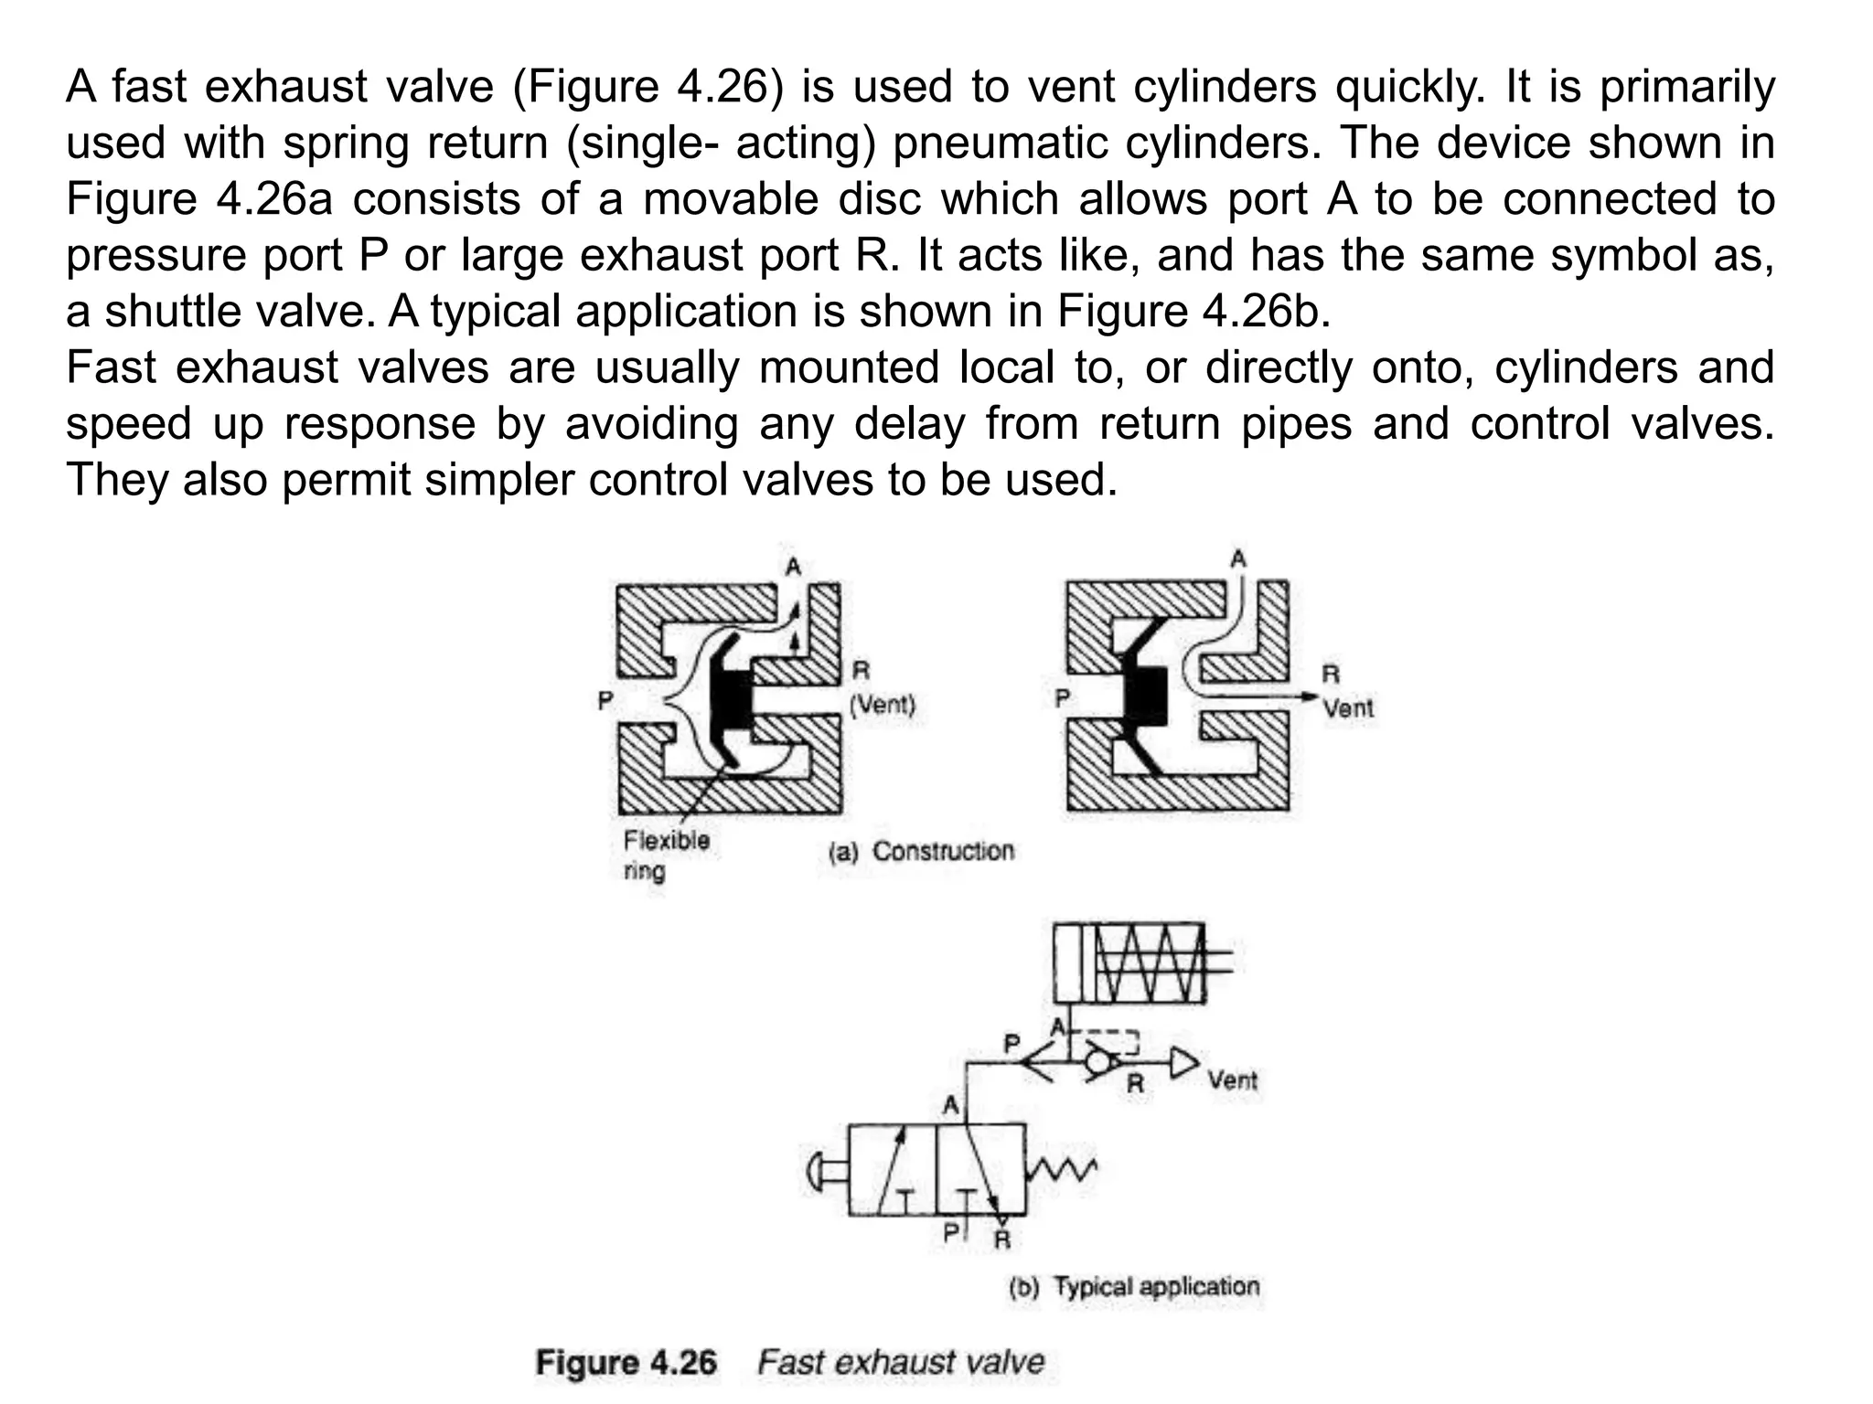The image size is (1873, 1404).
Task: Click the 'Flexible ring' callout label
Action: point(666,855)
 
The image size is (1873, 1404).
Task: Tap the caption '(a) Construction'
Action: point(921,851)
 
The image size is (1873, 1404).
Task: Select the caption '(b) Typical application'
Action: point(1134,1286)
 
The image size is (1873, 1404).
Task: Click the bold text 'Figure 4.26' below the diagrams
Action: point(626,1362)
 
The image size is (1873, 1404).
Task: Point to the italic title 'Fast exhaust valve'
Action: point(901,1362)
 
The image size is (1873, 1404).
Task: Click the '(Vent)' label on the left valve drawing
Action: point(883,705)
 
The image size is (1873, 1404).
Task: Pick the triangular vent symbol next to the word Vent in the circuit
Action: point(1183,1063)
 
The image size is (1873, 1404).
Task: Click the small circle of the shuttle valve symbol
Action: point(1097,1063)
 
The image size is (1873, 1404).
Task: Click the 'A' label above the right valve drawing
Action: point(1238,558)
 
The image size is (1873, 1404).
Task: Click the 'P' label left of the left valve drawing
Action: point(605,701)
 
